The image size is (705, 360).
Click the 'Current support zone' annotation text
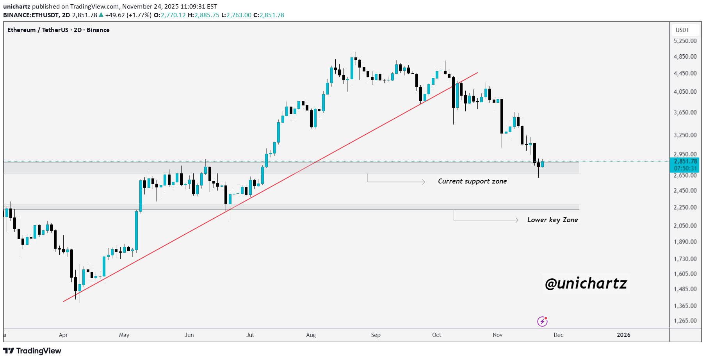tap(472, 181)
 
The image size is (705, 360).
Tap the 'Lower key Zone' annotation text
tap(552, 220)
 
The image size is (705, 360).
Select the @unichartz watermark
tap(586, 283)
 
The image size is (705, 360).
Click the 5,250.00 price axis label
tap(685, 41)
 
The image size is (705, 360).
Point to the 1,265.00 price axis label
tap(685, 321)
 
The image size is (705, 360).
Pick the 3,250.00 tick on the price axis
tap(685, 135)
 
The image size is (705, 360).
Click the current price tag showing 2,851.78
tap(685, 161)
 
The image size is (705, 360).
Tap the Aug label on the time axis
tap(311, 335)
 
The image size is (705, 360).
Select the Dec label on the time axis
tap(559, 335)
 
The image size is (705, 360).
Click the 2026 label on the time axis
tap(623, 335)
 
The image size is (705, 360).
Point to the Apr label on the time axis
tap(63, 335)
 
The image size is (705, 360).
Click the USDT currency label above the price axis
tap(682, 30)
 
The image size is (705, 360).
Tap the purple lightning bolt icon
tap(542, 321)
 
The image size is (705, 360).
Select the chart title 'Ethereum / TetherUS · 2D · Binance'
tap(59, 30)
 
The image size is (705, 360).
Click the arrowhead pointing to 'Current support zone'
tap(424, 182)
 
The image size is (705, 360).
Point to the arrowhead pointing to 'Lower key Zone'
tap(517, 220)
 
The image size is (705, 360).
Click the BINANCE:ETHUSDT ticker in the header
tap(31, 15)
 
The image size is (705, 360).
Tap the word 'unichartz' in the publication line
tap(16, 7)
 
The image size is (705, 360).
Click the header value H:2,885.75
tap(203, 15)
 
